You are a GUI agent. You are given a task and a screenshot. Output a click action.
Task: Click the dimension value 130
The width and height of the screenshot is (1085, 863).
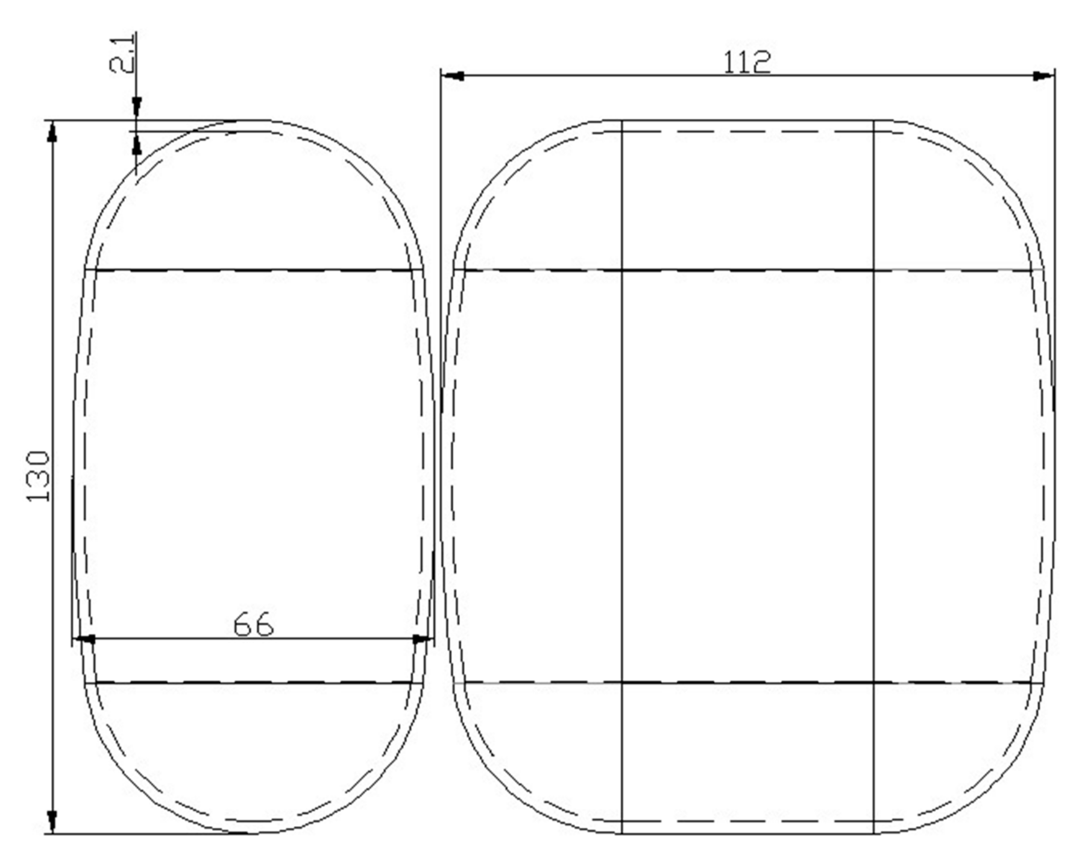point(37,476)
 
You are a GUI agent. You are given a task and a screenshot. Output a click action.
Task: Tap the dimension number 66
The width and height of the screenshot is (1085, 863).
point(253,625)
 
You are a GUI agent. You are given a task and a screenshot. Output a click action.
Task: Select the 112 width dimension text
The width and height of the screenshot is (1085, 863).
point(747,63)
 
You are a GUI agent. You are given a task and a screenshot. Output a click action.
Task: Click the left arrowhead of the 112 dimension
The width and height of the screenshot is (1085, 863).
point(453,76)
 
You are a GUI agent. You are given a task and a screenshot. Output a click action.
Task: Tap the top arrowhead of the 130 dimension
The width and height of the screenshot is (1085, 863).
point(52,131)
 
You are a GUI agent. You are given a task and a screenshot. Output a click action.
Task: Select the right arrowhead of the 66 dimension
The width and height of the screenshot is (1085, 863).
point(421,639)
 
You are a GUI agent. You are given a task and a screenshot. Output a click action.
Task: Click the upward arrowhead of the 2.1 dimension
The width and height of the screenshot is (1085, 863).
point(137,144)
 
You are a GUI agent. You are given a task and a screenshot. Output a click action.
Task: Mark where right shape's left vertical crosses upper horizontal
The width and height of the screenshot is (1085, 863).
point(621,270)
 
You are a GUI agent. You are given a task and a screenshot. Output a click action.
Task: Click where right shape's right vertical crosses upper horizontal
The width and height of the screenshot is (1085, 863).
point(873,270)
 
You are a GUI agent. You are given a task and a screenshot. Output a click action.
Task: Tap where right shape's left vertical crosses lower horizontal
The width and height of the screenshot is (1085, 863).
point(621,683)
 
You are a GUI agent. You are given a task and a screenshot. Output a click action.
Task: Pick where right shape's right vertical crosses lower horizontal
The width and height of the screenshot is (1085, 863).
point(873,683)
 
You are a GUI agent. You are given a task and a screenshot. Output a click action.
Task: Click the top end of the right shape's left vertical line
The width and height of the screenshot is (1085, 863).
point(621,121)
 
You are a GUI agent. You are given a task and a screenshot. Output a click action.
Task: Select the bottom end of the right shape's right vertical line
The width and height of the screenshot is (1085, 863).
point(873,833)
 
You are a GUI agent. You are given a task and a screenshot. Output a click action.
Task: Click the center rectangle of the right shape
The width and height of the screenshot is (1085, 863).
point(747,476)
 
